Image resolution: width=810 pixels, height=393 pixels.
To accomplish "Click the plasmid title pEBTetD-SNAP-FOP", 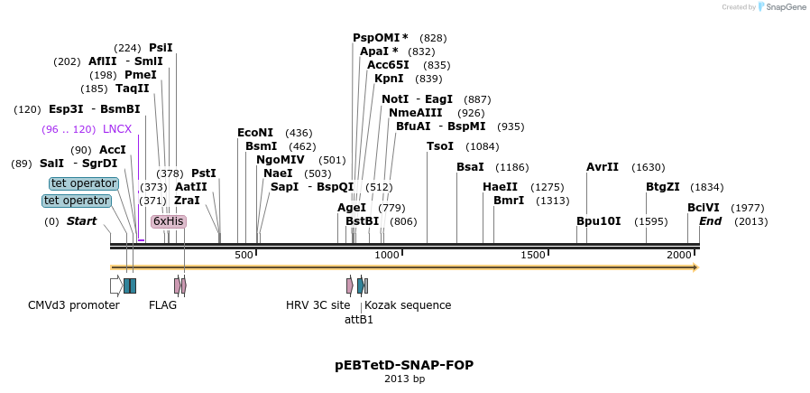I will coord(403,365).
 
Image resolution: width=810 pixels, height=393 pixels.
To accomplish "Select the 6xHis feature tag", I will coord(169,220).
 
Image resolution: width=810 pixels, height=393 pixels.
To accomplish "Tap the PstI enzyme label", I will coord(204,173).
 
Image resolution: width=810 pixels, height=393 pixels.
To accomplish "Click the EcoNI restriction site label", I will coord(255,133).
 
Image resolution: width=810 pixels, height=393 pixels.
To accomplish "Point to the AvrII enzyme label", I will coord(603,167).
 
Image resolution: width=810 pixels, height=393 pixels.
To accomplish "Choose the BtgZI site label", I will coord(663,187).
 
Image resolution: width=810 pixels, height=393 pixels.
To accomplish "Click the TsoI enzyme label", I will coord(440,146).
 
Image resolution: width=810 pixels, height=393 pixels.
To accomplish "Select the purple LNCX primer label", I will coord(117,129).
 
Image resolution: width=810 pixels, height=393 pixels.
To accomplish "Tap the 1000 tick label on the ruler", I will coord(387,256).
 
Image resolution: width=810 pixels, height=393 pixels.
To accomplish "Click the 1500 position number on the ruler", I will coord(533,256).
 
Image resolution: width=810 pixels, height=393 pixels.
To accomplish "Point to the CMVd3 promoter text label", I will coord(74,305).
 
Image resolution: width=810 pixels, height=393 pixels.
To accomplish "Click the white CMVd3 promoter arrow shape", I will coord(115,285).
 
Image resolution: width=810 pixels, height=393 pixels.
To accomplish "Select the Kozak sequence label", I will coord(408,305).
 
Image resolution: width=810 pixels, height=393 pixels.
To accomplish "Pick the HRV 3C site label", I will coord(318,305).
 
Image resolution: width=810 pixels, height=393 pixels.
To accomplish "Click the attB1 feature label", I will coord(359,319).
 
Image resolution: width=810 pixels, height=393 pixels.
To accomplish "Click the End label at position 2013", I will coord(710,221).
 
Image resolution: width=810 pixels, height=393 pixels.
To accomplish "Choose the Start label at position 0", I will coord(81,221).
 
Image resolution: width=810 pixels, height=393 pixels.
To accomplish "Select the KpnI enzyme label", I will coord(389,79).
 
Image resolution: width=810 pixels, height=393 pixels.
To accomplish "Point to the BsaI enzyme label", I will coord(470,167).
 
